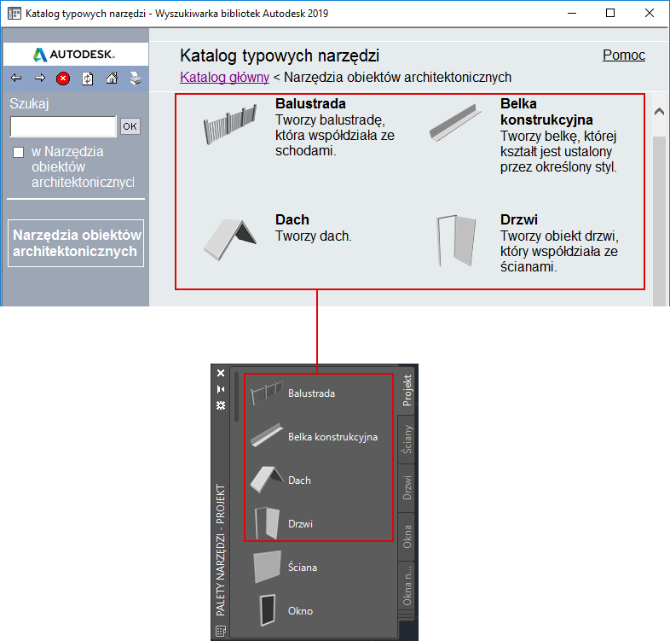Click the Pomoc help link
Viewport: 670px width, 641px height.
point(624,55)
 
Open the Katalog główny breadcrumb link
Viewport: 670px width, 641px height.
point(224,77)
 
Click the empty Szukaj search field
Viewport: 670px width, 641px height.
point(63,126)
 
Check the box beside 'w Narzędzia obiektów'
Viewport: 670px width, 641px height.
point(19,152)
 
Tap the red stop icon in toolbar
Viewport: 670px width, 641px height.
point(63,79)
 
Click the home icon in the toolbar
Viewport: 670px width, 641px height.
point(112,78)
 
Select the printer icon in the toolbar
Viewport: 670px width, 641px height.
point(136,79)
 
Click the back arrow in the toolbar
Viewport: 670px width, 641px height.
point(16,78)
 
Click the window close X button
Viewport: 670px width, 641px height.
point(650,14)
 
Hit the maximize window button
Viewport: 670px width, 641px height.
point(610,14)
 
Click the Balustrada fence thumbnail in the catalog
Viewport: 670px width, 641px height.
point(230,124)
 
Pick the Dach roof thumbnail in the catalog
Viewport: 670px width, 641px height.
point(230,239)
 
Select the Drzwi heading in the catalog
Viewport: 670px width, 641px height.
point(519,219)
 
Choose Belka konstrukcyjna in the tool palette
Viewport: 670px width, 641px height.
point(332,437)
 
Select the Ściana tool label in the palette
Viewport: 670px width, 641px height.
point(303,567)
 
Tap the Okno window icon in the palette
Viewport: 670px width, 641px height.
point(268,610)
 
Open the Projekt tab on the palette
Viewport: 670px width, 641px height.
point(407,390)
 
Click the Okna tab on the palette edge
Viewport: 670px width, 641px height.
point(407,537)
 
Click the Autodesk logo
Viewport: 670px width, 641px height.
point(74,55)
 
